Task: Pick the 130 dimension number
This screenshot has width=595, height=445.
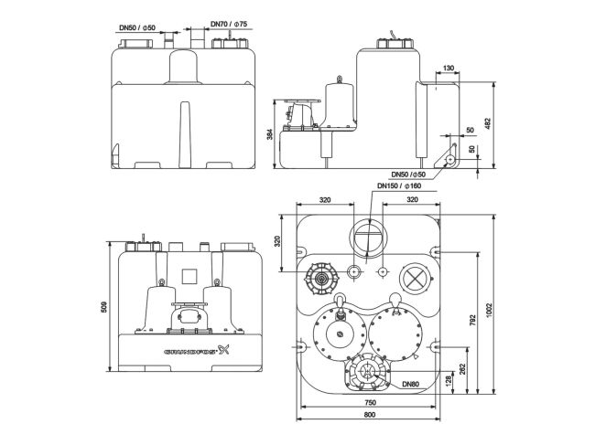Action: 448,69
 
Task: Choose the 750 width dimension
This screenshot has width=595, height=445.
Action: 369,401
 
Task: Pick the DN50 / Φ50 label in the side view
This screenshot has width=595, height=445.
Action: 408,175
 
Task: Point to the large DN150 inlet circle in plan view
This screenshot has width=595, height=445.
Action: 369,238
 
